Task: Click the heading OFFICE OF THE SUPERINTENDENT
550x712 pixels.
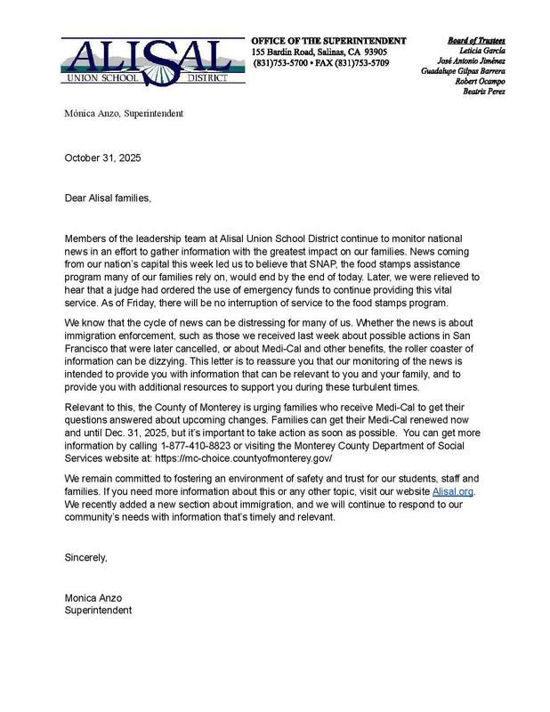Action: tap(328, 41)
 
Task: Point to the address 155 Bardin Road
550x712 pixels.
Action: tap(284, 53)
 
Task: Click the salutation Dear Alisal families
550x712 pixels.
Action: tap(108, 198)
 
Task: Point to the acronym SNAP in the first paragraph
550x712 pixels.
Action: tap(353, 263)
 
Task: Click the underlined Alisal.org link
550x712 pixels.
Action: tap(453, 491)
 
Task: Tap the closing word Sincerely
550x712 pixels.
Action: tap(85, 558)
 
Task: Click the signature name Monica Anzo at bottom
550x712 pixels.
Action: tap(93, 598)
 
